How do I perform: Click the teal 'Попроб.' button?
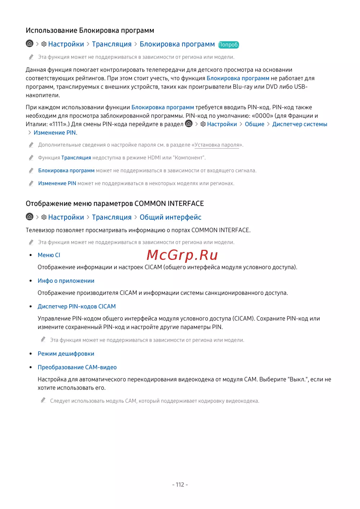(229, 45)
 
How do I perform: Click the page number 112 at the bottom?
(180, 485)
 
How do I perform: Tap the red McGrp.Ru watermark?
(182, 255)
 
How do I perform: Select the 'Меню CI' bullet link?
(49, 255)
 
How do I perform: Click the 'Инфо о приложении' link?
(66, 281)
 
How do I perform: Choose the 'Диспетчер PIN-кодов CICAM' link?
(77, 306)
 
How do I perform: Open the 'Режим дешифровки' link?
(66, 353)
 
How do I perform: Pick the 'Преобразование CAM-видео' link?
(77, 367)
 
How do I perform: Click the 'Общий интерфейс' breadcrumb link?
(170, 217)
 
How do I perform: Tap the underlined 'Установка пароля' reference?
(217, 145)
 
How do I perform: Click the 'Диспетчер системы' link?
(300, 124)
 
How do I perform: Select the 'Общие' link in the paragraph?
(255, 124)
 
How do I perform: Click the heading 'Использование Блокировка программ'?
(90, 31)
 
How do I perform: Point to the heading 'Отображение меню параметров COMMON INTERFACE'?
(114, 204)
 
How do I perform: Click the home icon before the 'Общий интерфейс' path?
(30, 217)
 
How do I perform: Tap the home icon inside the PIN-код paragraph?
(189, 124)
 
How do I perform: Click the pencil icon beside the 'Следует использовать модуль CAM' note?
(43, 400)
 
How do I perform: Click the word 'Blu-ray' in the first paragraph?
(243, 87)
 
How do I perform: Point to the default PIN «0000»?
(262, 116)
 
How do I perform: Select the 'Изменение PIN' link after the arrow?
(55, 132)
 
